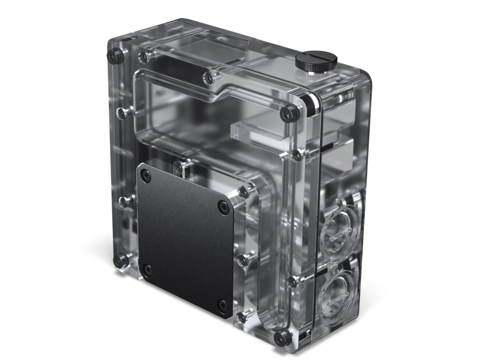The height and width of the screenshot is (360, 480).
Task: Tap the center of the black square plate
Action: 184,237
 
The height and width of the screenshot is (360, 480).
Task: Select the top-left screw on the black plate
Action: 145,174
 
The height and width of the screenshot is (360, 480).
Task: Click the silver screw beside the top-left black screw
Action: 143,55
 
